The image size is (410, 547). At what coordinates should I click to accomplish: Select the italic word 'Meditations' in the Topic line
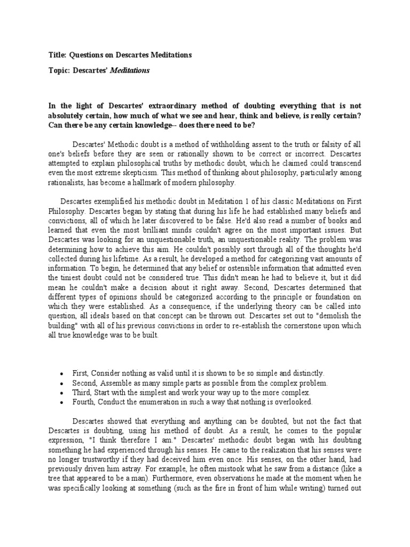(130, 70)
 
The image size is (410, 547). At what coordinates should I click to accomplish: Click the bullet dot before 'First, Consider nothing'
(63, 373)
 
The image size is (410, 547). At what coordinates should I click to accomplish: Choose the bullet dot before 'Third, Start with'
(63, 393)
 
